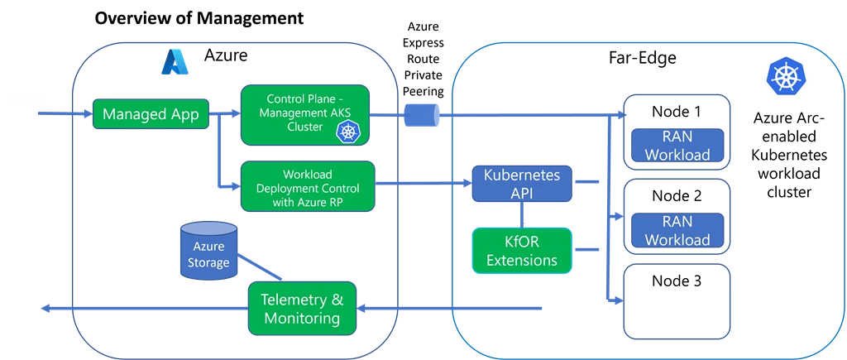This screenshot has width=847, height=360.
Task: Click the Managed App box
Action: point(150,114)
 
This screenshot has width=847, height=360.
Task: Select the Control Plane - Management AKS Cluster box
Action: point(304,114)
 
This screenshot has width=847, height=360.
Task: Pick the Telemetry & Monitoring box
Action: point(302,308)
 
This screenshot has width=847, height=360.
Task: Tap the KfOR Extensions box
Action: point(521,252)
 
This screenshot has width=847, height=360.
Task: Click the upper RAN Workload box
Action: point(677,146)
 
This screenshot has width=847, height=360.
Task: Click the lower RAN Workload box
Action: point(677,231)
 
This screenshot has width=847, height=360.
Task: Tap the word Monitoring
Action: point(302,319)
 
